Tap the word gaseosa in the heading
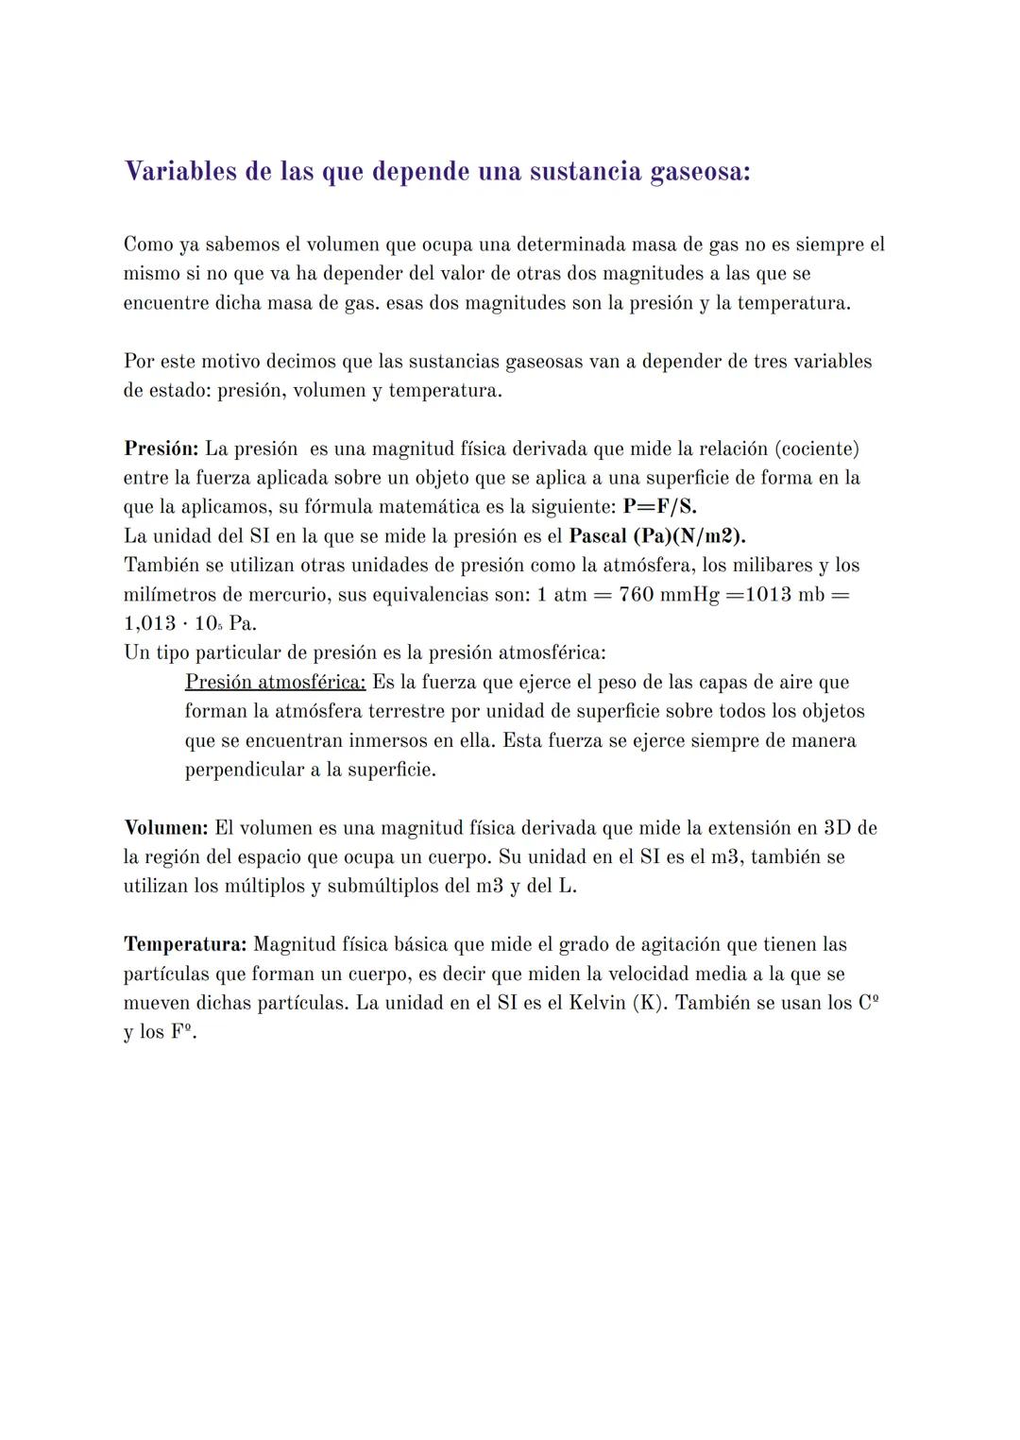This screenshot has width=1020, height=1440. coord(699,172)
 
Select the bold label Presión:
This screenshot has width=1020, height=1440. coord(161,449)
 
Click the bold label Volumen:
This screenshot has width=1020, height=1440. coord(165,828)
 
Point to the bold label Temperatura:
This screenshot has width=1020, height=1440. coord(185,944)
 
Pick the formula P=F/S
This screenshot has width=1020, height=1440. coord(659,507)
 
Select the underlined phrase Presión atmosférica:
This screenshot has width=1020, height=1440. coord(275,682)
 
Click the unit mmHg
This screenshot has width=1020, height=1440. coord(692,595)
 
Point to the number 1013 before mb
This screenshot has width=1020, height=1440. coord(768,595)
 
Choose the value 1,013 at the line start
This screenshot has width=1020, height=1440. coord(149,624)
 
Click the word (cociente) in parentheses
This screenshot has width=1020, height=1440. coord(816,449)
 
